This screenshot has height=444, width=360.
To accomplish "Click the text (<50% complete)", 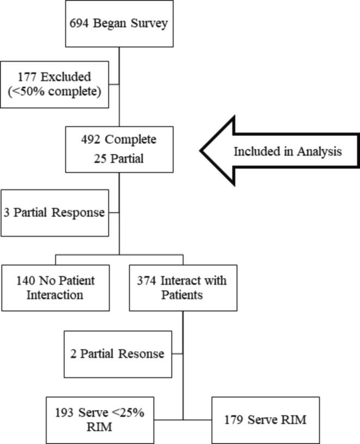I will [55, 92].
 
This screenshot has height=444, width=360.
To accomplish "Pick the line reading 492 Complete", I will [119, 139].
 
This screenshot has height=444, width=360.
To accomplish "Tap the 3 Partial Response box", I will [55, 212].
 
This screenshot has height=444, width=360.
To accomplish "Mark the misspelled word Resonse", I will [141, 354].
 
